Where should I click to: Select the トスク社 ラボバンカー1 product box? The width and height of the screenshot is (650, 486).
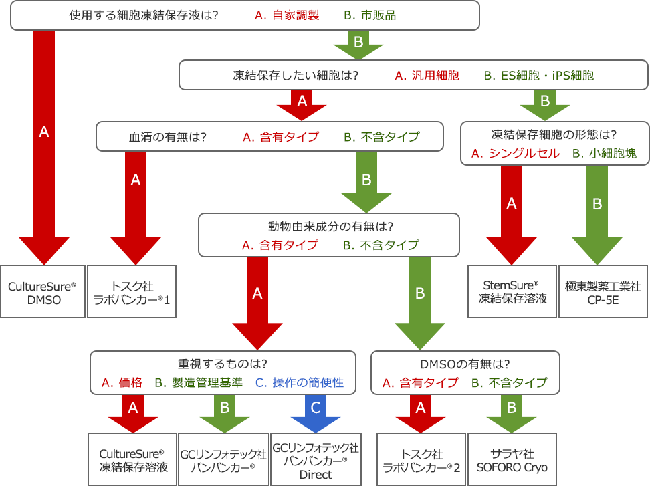131,293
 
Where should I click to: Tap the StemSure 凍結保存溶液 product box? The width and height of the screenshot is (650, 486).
513,293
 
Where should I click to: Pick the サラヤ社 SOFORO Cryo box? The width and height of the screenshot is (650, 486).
512,461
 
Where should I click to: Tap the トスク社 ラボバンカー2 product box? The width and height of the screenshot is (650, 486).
421,461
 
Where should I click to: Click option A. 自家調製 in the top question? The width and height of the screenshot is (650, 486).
287,15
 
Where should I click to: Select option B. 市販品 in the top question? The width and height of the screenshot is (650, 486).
370,15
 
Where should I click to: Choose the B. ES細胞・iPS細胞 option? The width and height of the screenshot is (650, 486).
538,76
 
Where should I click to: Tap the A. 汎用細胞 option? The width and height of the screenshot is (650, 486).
427,76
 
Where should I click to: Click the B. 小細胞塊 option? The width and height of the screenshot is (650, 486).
605,153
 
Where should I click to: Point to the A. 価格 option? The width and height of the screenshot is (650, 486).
122,382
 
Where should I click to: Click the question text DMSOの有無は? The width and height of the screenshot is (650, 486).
465,364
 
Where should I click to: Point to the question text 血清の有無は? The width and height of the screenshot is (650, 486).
167,137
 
